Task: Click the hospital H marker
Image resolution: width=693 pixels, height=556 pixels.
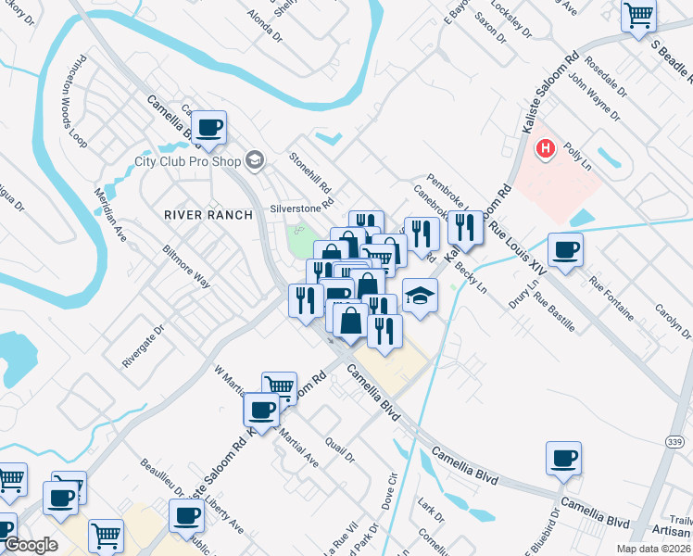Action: [x=547, y=147]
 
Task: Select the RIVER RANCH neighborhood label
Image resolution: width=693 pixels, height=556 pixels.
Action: [x=208, y=215]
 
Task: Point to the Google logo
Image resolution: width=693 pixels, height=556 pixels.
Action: [x=31, y=545]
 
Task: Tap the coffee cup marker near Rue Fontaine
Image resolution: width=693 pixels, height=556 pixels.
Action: [x=564, y=248]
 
